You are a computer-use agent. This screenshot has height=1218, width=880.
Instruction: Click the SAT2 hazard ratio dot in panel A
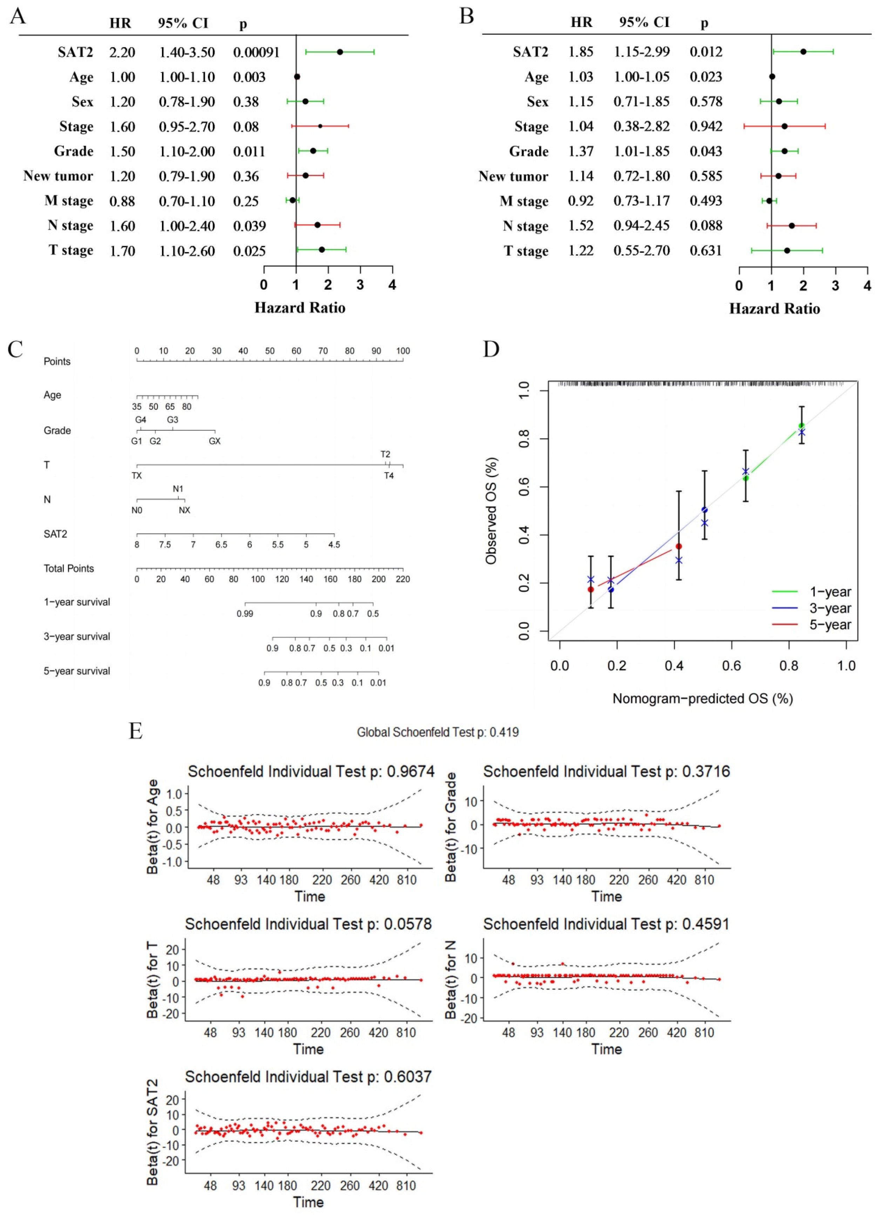(x=340, y=52)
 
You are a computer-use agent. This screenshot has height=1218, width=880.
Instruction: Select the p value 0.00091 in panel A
(x=256, y=53)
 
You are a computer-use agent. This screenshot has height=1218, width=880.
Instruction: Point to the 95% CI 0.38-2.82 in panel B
(x=642, y=127)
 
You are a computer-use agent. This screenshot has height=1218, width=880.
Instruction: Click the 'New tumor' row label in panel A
(x=58, y=176)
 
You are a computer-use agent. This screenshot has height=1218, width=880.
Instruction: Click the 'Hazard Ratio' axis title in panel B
(x=774, y=309)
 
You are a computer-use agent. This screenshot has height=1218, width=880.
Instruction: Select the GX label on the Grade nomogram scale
(x=215, y=441)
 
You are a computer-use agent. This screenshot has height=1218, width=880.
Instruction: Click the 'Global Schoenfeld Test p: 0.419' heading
(x=438, y=732)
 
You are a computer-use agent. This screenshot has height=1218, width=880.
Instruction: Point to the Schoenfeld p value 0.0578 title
(x=308, y=924)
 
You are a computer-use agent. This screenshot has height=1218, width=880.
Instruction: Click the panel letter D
(x=491, y=349)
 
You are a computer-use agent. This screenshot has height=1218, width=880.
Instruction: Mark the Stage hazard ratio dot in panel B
(x=784, y=127)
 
